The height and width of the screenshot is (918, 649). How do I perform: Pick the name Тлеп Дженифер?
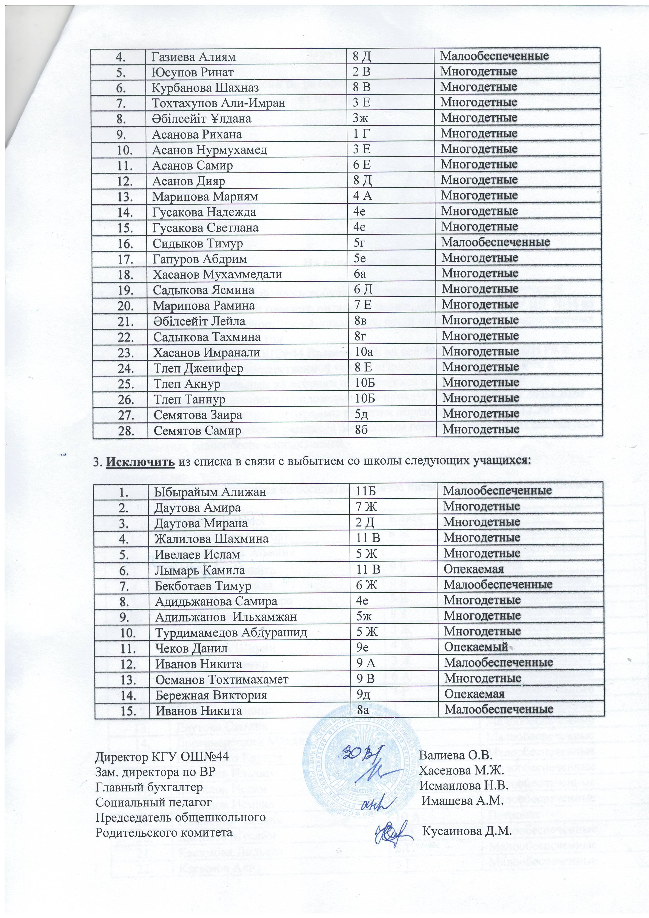[198, 367]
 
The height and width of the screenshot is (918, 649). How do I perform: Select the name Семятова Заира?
[198, 415]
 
